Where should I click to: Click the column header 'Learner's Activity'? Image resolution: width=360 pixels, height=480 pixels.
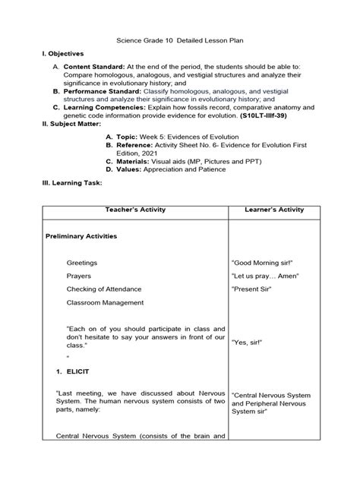coord(274,209)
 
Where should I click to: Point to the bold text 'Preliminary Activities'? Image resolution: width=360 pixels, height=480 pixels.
coord(81,236)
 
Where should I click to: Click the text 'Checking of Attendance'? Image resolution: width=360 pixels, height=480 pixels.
coord(106,289)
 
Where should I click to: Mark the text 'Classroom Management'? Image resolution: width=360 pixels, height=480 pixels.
coord(105,302)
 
